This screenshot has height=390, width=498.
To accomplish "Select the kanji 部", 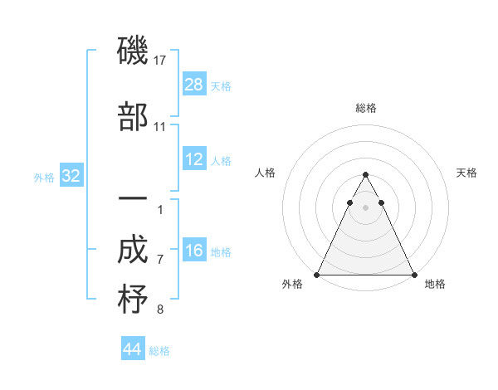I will (133, 118).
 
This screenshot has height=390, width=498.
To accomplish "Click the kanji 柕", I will (133, 300).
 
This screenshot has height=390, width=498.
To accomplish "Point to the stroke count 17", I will (161, 60).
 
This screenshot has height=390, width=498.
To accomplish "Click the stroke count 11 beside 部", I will (160, 126).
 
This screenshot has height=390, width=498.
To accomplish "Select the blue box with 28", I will (194, 85).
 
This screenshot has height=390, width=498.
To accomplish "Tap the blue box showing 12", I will (194, 159).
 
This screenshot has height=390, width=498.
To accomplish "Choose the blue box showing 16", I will (194, 251).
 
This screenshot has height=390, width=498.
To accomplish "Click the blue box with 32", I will (71, 176).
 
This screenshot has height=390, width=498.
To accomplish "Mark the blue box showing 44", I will (133, 350).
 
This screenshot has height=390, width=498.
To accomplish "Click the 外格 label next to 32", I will (44, 177).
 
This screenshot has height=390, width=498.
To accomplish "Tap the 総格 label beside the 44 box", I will (159, 351).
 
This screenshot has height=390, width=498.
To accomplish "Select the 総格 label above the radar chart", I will (366, 108).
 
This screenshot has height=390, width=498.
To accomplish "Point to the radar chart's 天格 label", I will (467, 173).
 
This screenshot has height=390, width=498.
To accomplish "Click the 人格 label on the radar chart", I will (265, 173).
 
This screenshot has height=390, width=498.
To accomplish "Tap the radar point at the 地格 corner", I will (414, 274).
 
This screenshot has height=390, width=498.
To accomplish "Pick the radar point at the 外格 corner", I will (317, 274).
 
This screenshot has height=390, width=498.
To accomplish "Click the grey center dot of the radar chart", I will (365, 207).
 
